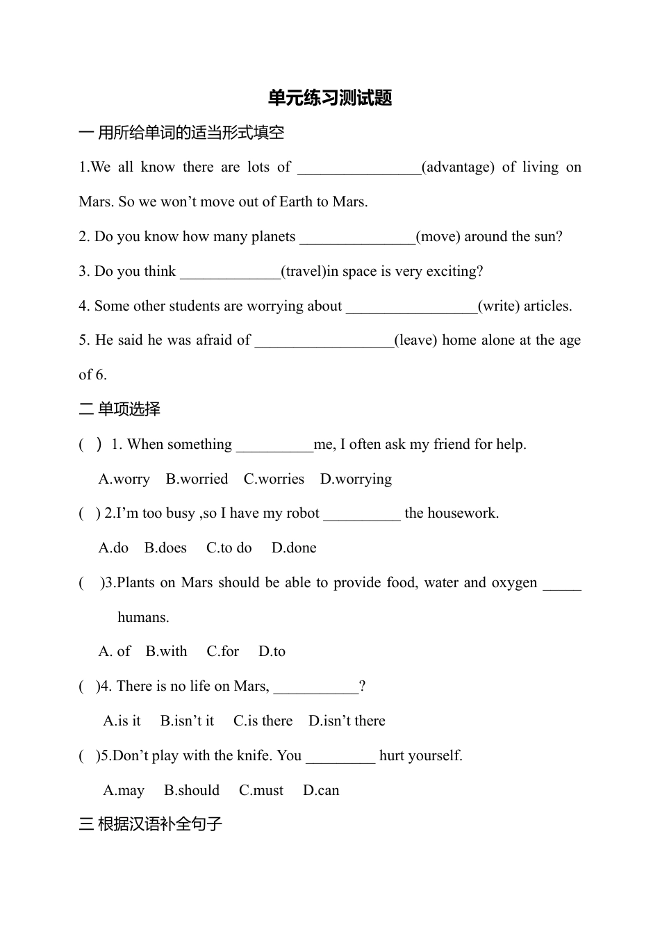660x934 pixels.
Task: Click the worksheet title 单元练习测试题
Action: (330, 98)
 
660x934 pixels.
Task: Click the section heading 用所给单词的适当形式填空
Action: (191, 133)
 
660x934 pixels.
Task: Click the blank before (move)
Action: (357, 238)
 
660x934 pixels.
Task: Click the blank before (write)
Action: (411, 308)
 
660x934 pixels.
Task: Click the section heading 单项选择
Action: (129, 409)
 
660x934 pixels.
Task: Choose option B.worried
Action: (197, 480)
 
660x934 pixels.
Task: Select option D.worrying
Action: (356, 480)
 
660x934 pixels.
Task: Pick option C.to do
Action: (229, 548)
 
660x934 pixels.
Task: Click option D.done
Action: (294, 548)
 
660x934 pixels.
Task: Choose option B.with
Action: (166, 652)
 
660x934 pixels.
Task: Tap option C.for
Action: (222, 652)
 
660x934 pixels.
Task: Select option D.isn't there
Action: (347, 721)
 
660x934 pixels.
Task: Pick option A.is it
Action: (122, 721)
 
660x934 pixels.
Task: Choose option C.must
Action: (261, 791)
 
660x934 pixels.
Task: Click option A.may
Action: (124, 791)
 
